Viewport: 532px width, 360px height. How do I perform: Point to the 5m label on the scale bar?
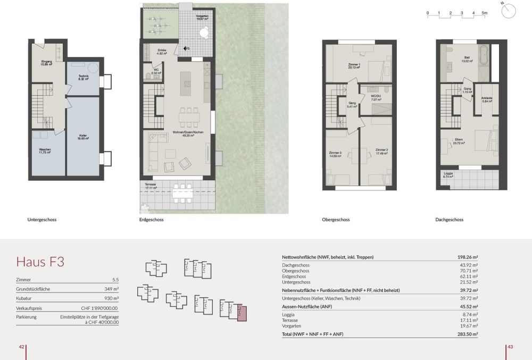coord(484,12)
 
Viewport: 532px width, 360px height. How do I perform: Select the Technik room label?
coord(84,78)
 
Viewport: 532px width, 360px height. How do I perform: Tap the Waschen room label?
coord(45,151)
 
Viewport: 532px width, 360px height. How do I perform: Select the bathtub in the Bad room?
coord(484,55)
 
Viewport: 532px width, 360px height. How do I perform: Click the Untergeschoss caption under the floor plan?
coord(41,220)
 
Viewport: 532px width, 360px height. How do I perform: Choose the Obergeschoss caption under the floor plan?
coord(336,220)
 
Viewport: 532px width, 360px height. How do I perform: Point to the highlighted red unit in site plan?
coord(242,313)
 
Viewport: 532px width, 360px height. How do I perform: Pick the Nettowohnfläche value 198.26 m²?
coord(467,257)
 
